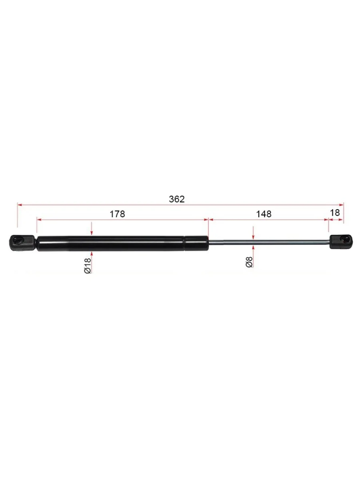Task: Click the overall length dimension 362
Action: pos(177,199)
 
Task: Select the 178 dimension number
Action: pos(117,214)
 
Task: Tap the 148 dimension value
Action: pos(264,214)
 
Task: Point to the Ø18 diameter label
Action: pos(87,266)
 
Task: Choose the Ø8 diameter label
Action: pos(249,262)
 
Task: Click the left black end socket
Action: pos(22,243)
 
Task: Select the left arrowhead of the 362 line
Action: pos(20,205)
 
